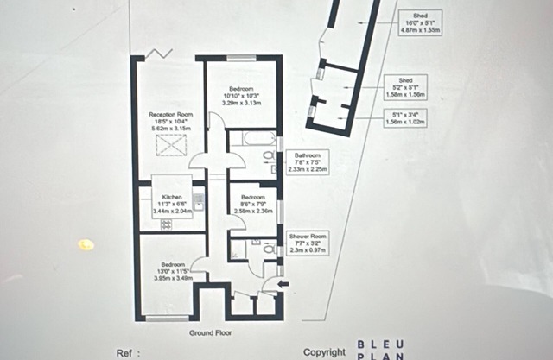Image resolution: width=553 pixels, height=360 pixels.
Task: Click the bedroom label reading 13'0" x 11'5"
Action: coord(169,270)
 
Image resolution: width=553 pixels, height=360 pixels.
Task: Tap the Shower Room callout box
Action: coord(308,242)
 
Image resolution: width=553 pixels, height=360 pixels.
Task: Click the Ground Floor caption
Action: coord(210,332)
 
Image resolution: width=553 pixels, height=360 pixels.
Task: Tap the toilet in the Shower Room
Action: coord(268,249)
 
